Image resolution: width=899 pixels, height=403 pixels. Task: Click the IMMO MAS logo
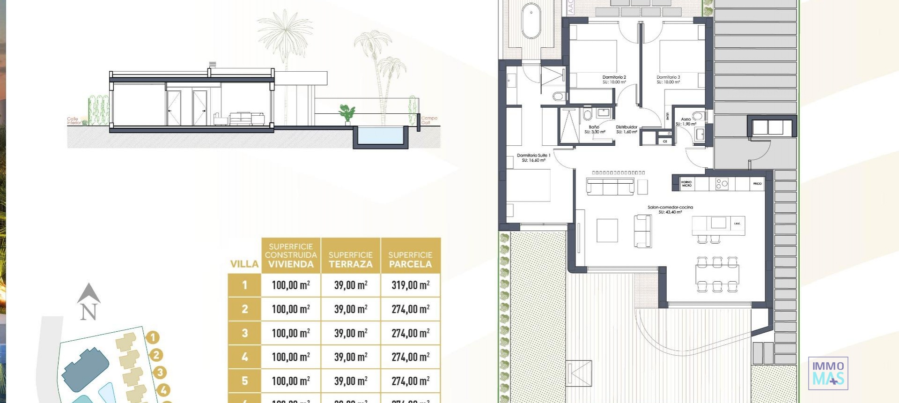828,373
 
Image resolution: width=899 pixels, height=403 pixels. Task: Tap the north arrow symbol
88,302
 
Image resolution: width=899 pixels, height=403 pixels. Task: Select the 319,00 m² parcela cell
410,285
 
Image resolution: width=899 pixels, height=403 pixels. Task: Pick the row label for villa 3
244,333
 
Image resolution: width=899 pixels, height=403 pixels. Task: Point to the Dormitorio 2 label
614,79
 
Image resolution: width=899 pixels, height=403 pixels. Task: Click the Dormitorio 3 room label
668,79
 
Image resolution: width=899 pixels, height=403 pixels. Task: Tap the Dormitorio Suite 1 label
533,157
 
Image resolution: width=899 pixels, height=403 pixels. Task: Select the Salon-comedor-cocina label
670,209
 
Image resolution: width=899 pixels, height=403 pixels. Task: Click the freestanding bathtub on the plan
531,21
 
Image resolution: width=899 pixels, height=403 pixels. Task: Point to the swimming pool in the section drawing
379,135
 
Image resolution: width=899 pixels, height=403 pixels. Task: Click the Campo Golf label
429,120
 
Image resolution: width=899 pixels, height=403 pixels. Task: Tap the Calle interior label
74,121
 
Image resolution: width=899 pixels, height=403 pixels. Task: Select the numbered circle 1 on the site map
153,337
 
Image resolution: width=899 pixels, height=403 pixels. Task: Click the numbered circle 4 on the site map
163,389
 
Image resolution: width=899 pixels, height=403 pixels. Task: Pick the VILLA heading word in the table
244,264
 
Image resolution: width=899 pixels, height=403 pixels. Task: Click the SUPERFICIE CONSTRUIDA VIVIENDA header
291,255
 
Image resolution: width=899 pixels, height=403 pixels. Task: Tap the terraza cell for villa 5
351,381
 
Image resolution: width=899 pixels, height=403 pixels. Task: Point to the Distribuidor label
626,129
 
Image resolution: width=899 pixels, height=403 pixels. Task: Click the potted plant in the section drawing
347,114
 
